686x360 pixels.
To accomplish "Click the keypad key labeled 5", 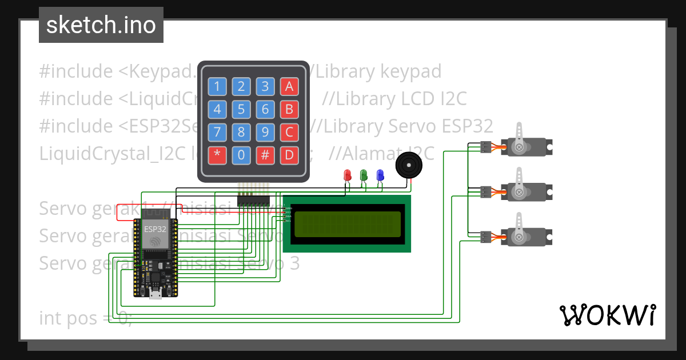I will coord(241,109).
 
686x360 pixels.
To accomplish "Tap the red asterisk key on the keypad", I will coord(217,154).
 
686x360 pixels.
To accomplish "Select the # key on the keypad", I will coord(265,154).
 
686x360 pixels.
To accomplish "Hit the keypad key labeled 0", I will coord(241,154).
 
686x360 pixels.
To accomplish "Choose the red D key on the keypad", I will coord(289,154).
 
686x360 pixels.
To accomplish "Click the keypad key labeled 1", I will coord(217,86).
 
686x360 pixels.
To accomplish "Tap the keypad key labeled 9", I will coord(265,132).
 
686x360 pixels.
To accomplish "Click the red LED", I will coord(346,175).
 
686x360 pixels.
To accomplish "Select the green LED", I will coord(363,175).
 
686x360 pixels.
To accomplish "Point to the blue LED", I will coord(380,175).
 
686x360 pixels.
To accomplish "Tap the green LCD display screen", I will coord(347,223).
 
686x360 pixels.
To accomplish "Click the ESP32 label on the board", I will coord(155,229).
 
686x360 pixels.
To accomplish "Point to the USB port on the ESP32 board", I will coord(155,294).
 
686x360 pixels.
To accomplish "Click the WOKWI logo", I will coord(608,315).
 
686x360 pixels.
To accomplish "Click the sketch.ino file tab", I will coord(101,25).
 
